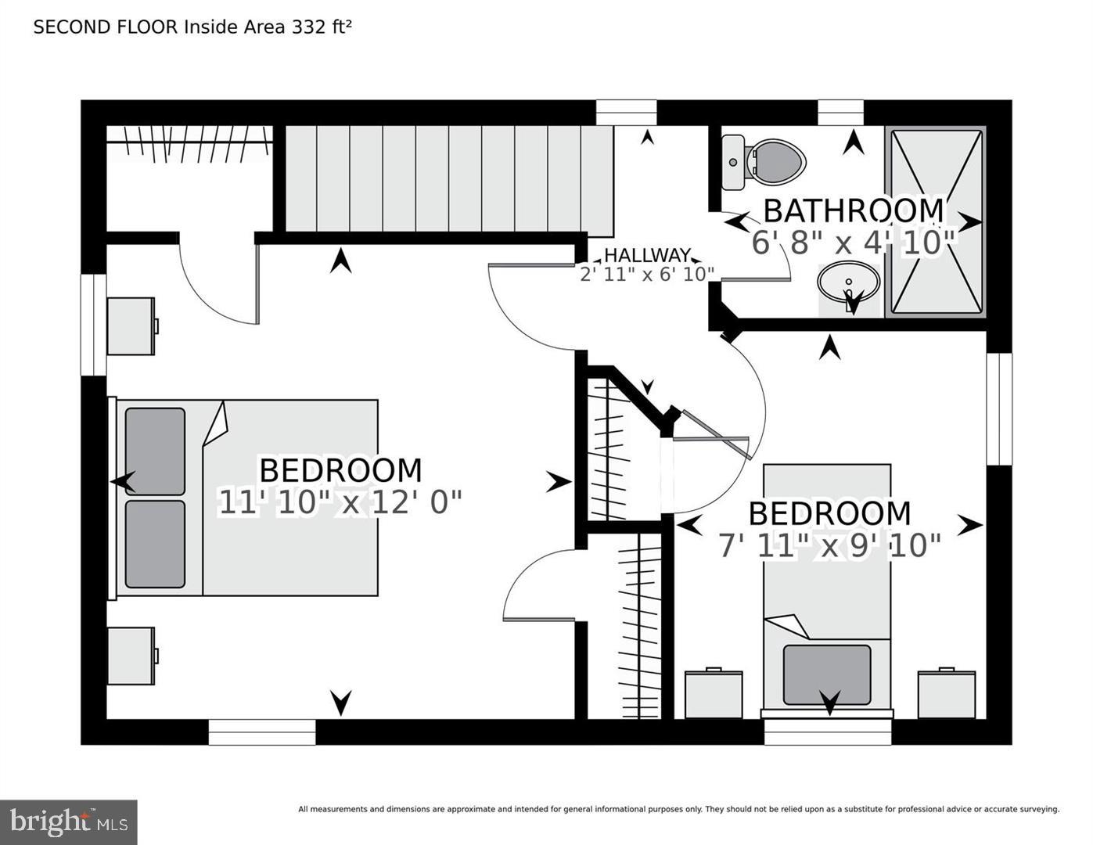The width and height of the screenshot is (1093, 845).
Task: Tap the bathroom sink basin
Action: click(x=848, y=282)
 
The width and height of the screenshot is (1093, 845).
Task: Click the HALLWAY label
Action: click(x=647, y=255)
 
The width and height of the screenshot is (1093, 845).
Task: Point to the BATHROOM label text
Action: click(x=853, y=210)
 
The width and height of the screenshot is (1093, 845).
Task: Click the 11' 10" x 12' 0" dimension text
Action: click(x=340, y=502)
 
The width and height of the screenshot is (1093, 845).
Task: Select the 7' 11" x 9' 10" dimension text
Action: click(x=829, y=545)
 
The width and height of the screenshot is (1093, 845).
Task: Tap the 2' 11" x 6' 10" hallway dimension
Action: click(x=647, y=274)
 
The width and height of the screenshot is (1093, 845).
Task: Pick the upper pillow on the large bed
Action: click(x=155, y=451)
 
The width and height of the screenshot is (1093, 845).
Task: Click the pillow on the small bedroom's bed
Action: click(x=827, y=674)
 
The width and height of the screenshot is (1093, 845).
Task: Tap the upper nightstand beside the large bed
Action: click(x=131, y=325)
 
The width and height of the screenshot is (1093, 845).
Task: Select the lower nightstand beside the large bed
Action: click(x=131, y=656)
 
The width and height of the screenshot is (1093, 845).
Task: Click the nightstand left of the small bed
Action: click(x=714, y=693)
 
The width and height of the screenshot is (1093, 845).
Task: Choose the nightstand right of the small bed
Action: click(x=947, y=693)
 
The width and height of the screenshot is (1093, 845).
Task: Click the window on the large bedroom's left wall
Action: click(x=94, y=325)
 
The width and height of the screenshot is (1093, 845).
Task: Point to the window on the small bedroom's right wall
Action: click(x=998, y=409)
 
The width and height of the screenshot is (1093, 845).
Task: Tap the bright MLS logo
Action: click(x=69, y=822)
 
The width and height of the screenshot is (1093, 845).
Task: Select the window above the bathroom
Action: click(x=840, y=113)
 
